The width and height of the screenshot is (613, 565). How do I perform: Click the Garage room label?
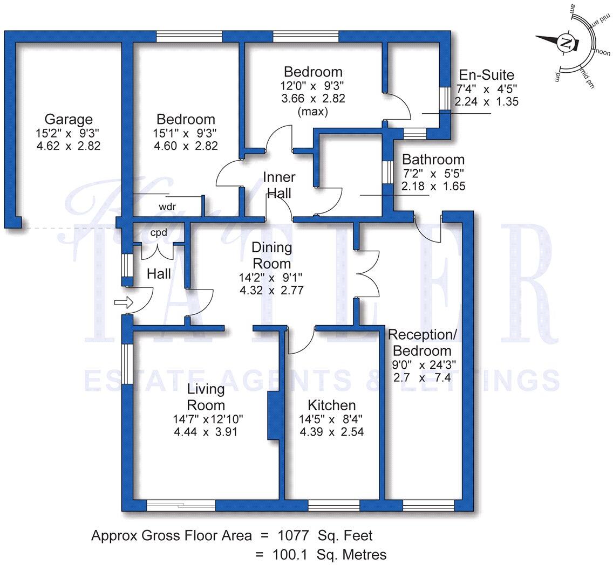(69, 119)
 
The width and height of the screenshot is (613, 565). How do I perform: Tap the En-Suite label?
(486, 75)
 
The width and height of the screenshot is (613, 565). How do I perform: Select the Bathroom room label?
(433, 160)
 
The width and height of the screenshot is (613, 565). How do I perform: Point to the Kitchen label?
(331, 405)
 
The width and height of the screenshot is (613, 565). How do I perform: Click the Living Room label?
(206, 397)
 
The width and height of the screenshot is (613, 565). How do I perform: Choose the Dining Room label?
(272, 256)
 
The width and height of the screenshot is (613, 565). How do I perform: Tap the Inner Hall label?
(279, 185)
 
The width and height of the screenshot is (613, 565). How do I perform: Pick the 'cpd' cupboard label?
(159, 233)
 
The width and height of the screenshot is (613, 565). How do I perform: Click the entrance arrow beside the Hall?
(124, 303)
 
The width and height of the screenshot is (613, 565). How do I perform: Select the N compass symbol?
(566, 43)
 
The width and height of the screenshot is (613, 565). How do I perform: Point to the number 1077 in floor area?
(294, 536)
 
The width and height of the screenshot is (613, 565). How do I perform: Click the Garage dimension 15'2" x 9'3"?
(69, 133)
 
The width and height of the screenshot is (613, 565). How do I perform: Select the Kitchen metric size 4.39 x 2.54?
(331, 432)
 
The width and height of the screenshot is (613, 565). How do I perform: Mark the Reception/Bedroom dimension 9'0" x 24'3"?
(424, 364)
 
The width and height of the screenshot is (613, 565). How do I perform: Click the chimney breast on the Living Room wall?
(273, 416)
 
